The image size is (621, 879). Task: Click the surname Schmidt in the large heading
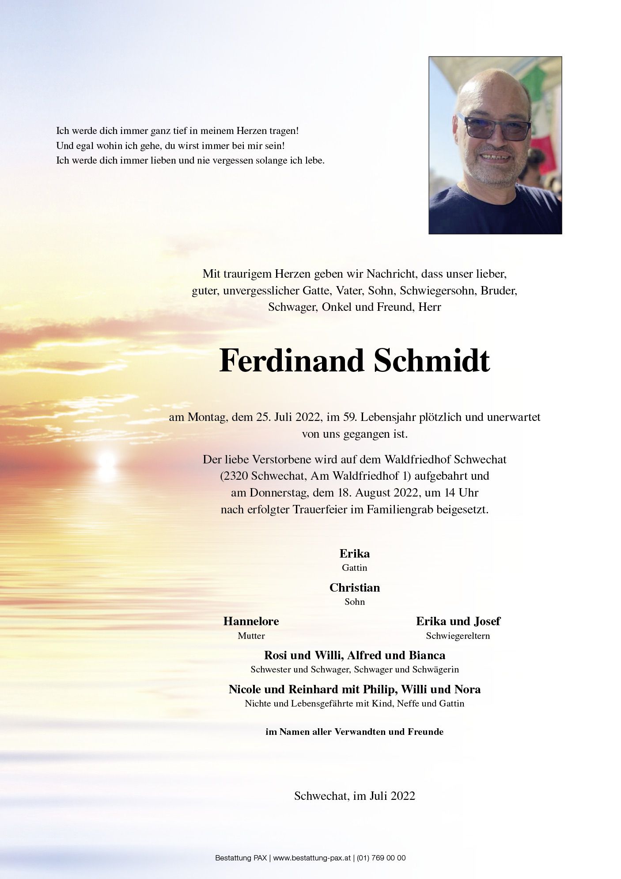point(432,361)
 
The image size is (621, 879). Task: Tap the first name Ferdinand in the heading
point(292,361)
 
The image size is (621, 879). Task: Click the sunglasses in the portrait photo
point(494,127)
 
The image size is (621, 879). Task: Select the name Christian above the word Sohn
point(354,588)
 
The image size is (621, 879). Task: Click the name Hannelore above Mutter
point(251,621)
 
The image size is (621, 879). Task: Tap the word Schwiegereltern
point(458,636)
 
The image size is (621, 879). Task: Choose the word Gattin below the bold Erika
point(354,568)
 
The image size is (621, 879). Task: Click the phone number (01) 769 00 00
point(381,858)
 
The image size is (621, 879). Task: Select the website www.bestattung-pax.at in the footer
point(312,858)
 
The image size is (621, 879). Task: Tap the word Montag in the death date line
point(206,417)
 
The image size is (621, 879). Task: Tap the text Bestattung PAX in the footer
point(241,858)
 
